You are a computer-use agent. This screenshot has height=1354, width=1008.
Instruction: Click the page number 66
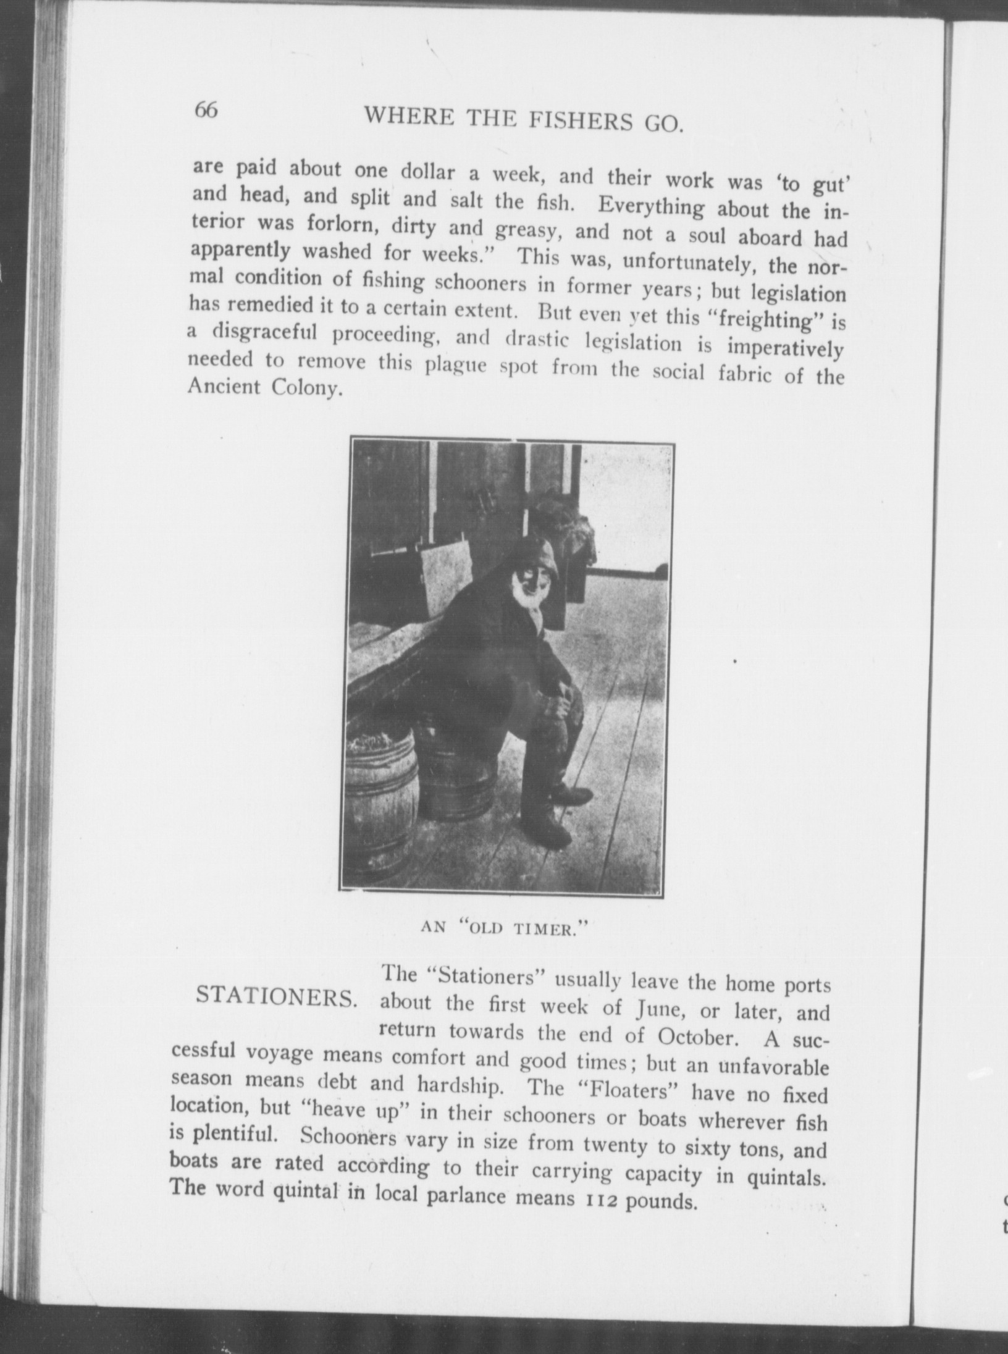[x=206, y=111]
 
